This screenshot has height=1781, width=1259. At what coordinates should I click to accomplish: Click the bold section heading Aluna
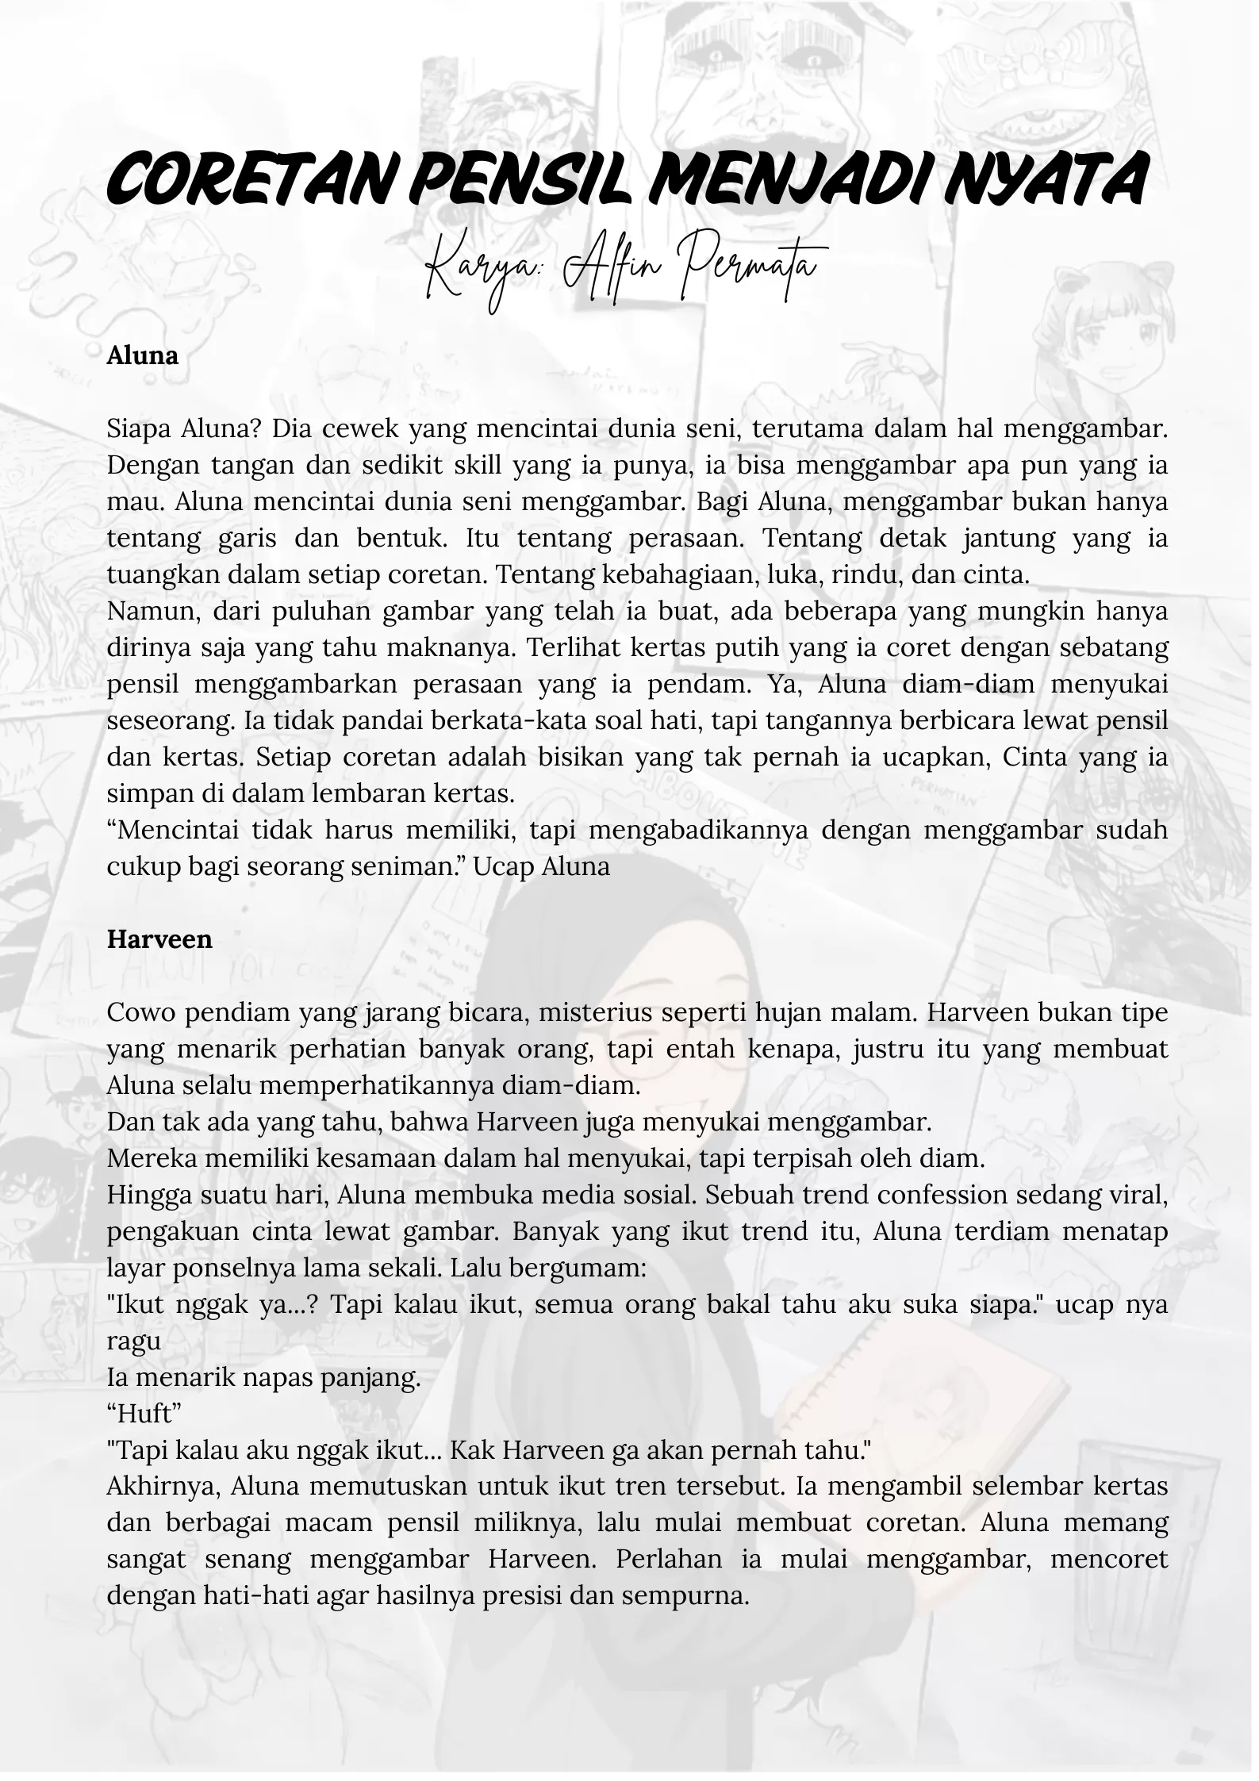(143, 356)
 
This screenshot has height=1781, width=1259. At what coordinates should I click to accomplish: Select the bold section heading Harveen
(159, 940)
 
